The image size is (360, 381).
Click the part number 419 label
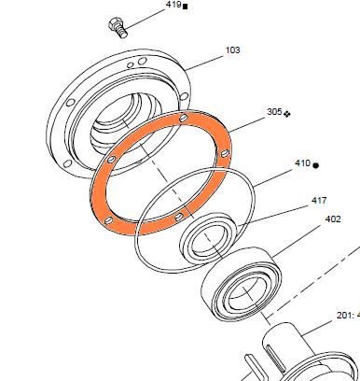point(173,5)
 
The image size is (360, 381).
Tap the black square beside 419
point(186,7)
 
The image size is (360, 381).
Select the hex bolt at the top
point(118,28)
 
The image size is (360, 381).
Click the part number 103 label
point(233,50)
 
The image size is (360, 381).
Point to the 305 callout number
point(274,111)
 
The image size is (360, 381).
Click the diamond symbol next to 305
point(287,114)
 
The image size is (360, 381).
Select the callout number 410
point(302,163)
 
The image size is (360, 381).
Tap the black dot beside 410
point(315,165)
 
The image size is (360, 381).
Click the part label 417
point(319,201)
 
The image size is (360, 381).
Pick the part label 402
point(333,219)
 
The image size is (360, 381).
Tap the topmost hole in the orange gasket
point(184,118)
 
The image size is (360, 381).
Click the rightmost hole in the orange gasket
point(226,153)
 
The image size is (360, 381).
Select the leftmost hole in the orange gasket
point(111,160)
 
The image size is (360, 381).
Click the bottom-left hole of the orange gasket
point(108,220)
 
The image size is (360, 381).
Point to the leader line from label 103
point(205,63)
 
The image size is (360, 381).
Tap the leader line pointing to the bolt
point(145,19)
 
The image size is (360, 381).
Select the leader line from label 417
point(272,215)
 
